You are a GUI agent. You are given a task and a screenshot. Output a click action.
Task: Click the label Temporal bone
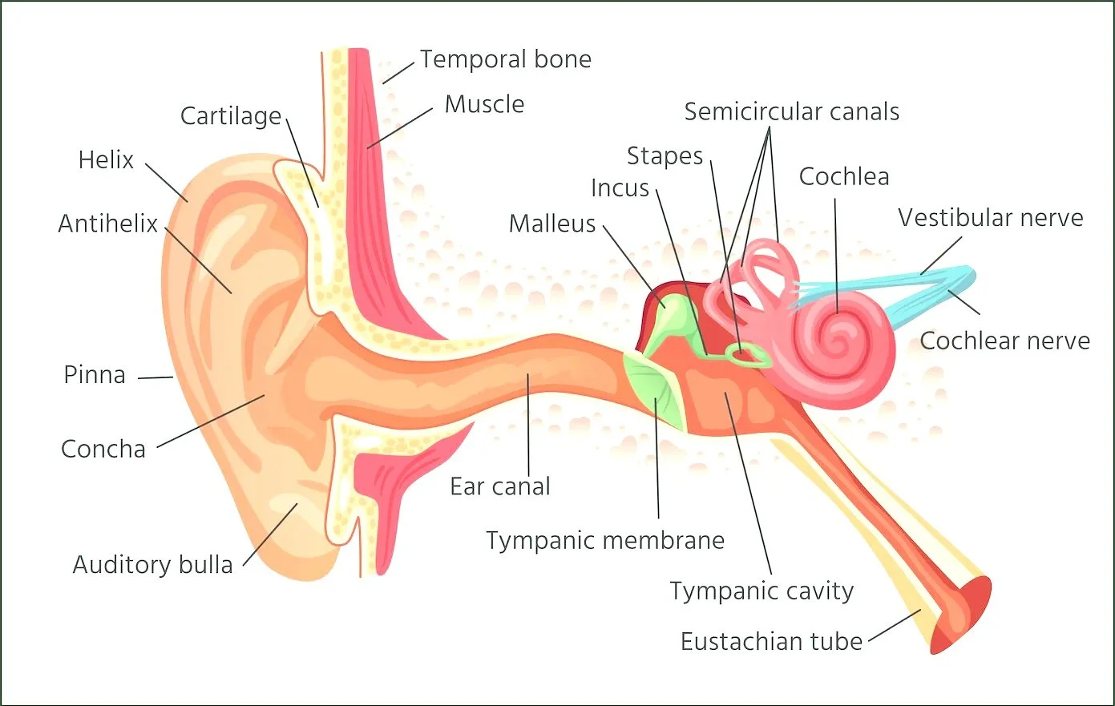click(506, 59)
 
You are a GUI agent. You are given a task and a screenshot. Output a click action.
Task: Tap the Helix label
click(106, 160)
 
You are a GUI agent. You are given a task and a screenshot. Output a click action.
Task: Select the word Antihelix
click(107, 224)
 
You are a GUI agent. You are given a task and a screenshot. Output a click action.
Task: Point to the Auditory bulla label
click(152, 565)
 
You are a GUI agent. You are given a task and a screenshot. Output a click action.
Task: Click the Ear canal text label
click(500, 486)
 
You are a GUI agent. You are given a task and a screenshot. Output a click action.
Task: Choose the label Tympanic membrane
click(605, 541)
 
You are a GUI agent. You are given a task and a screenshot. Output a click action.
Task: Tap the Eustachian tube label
click(771, 642)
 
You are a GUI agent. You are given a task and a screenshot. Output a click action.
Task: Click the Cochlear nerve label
click(1004, 341)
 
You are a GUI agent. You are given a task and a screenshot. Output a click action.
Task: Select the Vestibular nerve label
click(990, 218)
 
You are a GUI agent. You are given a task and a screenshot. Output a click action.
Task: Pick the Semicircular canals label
click(791, 112)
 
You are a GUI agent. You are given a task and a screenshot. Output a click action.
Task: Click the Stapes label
click(665, 156)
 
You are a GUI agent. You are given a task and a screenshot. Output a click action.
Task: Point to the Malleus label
click(552, 224)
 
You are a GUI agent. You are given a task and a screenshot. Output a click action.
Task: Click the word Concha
click(103, 450)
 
